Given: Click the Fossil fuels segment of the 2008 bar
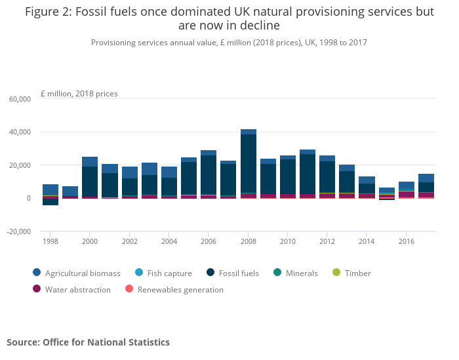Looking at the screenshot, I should click(249, 163).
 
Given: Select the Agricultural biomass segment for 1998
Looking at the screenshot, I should click(50, 190).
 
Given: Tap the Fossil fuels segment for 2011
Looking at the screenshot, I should click(308, 174).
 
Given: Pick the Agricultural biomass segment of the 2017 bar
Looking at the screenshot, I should click(426, 178).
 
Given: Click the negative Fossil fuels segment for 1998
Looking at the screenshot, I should click(50, 202).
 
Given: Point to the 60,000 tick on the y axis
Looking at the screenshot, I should click(20, 99).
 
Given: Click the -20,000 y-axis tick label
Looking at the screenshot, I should click(19, 231).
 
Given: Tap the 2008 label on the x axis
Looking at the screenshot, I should click(249, 241).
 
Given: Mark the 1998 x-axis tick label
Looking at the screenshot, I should click(50, 241).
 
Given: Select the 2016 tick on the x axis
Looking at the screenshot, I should click(407, 241).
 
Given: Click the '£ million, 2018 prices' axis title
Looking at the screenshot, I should click(79, 94).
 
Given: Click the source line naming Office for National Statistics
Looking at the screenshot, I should click(88, 342).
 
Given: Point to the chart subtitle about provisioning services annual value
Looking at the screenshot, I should click(229, 43).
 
